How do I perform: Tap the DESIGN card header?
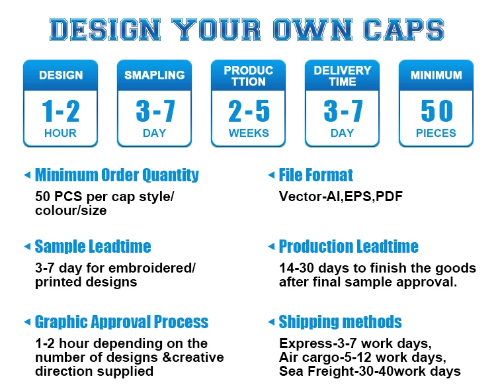click(x=60, y=75)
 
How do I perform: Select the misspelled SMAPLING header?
click(x=154, y=75)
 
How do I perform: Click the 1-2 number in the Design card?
click(x=60, y=110)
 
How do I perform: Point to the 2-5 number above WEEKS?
click(x=249, y=110)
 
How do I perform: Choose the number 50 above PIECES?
click(x=436, y=110)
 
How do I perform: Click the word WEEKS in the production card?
click(x=249, y=133)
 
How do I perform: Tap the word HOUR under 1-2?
click(x=60, y=133)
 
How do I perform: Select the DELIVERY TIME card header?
click(x=343, y=75)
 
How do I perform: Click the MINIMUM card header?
click(x=436, y=75)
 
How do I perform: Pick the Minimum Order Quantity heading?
click(x=116, y=175)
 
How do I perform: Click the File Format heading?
click(x=315, y=175)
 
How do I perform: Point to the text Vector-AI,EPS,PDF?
click(x=341, y=196)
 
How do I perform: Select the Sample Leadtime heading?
click(x=93, y=247)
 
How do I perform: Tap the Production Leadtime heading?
click(x=349, y=247)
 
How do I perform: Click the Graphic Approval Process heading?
click(x=121, y=322)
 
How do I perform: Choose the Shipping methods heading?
click(x=340, y=322)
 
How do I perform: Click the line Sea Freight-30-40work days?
click(x=370, y=371)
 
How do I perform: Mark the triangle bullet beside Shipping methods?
click(x=271, y=322)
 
